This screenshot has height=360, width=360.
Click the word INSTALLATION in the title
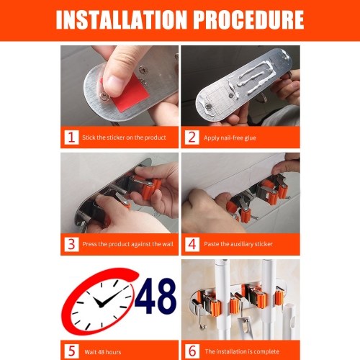tap(122, 19)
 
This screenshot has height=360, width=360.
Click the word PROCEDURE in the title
tap(248, 19)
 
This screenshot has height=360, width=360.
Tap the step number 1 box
tap(71, 138)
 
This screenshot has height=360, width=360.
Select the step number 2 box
tap(192, 138)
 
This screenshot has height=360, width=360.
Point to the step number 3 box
tap(71, 244)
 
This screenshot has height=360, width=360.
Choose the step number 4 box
tap(192, 244)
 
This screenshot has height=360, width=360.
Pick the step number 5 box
tap(71, 351)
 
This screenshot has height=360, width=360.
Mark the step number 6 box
tap(192, 351)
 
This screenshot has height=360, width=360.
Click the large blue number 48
tap(156, 296)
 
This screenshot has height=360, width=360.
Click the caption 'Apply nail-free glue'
tap(230, 138)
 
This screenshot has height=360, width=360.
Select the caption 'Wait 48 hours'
tap(103, 352)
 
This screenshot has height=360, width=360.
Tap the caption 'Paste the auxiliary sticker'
tap(238, 244)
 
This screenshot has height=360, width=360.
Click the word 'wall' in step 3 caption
tap(168, 244)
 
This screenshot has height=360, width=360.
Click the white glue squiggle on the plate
tap(254, 77)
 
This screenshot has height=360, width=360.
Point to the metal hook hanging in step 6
tap(199, 317)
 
